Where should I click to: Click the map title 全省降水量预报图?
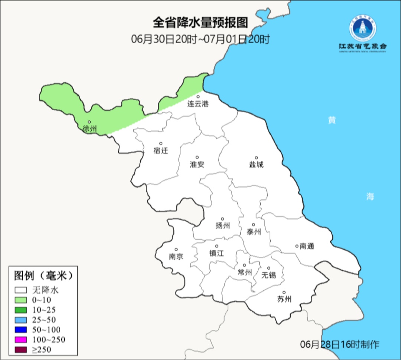tap(200, 23)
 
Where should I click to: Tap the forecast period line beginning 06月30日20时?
tap(200, 39)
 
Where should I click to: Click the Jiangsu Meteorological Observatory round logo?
tap(362, 28)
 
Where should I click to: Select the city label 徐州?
tap(90, 129)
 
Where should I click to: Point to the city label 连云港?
tap(198, 104)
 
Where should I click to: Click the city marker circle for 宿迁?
tap(161, 143)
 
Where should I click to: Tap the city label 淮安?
tap(197, 164)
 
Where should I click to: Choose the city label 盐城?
tap(256, 164)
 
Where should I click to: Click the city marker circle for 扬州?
tap(222, 219)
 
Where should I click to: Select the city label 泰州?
tap(254, 232)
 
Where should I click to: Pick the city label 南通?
tap(307, 246)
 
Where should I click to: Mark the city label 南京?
tap(176, 256)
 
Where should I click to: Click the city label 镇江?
tap(216, 253)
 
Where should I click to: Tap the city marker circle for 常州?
tap(244, 265)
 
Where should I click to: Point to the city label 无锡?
tap(269, 275)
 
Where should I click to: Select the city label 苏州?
tap(284, 299)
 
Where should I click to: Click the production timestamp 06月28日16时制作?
tap(339, 344)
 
